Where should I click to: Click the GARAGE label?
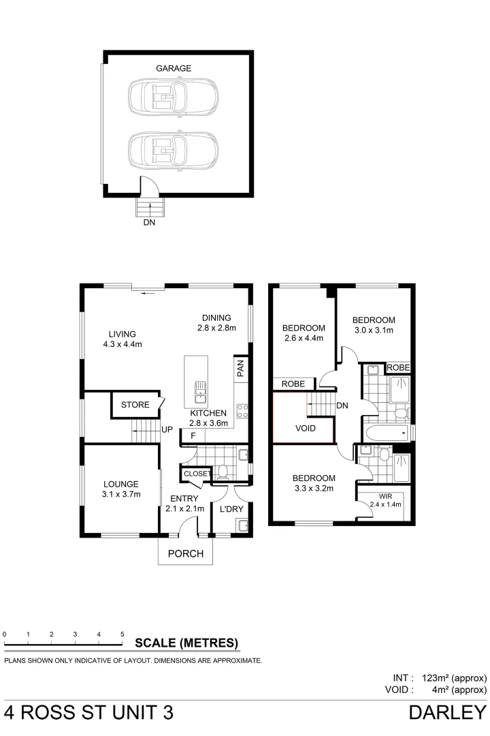point(174,68)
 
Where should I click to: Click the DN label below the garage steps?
point(148,222)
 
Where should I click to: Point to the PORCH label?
point(186,553)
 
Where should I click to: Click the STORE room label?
point(135,405)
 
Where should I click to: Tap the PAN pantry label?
point(240,369)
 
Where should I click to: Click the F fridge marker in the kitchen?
point(193,435)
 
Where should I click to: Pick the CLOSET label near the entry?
point(197,473)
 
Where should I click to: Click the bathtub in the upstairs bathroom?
point(384,432)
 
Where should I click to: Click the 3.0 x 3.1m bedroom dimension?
point(374,331)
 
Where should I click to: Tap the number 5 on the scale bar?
point(122,634)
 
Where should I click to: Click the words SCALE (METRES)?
point(186,642)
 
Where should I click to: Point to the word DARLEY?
point(447,713)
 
